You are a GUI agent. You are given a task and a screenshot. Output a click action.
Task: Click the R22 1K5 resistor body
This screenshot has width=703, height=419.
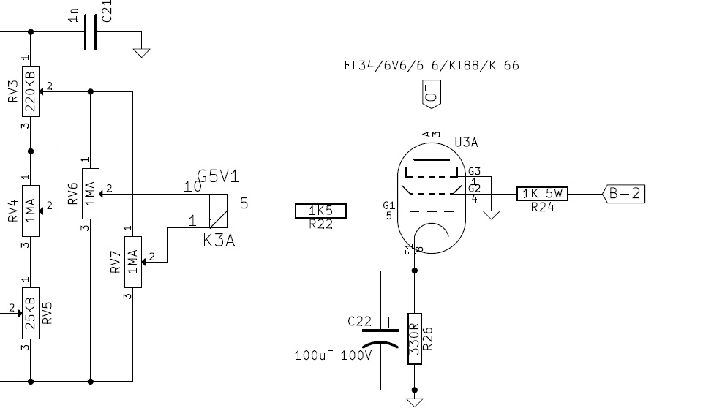click(x=320, y=211)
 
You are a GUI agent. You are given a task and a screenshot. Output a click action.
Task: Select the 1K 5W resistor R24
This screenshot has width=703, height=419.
click(x=542, y=194)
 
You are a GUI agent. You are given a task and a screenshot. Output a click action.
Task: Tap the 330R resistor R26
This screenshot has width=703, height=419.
click(x=415, y=339)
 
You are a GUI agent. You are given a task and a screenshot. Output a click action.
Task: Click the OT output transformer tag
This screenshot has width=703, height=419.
click(x=432, y=94)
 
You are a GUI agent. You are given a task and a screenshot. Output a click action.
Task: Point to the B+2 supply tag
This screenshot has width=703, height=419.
click(x=624, y=194)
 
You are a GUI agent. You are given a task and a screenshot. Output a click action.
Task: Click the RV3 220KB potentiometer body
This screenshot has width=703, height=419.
click(x=31, y=91)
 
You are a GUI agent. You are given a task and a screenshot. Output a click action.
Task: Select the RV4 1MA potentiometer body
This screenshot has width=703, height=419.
click(x=31, y=211)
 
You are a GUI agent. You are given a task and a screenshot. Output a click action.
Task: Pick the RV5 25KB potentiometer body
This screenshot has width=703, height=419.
click(x=31, y=313)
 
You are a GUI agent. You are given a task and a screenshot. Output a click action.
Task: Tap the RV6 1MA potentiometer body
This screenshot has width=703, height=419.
click(x=91, y=194)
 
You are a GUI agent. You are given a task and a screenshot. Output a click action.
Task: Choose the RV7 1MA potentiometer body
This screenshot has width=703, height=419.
click(x=133, y=263)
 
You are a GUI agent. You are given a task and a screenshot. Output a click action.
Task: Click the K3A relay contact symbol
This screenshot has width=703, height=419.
click(x=218, y=211)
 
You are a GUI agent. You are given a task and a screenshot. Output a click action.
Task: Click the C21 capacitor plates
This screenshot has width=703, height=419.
click(x=90, y=32)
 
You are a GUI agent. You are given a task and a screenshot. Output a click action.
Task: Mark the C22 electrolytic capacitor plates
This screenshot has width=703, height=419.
click(x=380, y=339)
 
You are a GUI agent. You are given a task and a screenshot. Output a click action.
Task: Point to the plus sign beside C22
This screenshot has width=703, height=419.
click(x=389, y=322)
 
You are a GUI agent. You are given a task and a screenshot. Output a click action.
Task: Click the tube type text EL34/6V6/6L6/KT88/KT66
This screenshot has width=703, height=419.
click(x=432, y=65)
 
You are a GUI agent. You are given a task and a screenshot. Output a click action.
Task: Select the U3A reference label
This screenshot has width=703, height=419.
click(x=466, y=143)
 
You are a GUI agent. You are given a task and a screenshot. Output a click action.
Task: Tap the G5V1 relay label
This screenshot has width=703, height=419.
click(x=218, y=176)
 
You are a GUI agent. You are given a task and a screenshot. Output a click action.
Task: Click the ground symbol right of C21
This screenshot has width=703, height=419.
click(x=142, y=53)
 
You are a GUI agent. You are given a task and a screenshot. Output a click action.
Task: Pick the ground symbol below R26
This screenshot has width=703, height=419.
click(x=415, y=402)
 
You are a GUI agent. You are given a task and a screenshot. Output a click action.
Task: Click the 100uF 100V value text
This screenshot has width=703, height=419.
click(x=333, y=356)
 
